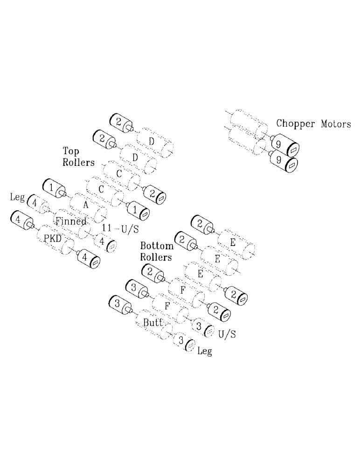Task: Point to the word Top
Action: [x=70, y=151]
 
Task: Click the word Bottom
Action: [x=157, y=246]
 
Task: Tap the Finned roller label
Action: [x=70, y=221]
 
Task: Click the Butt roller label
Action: [x=152, y=322]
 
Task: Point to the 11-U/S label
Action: [x=120, y=227]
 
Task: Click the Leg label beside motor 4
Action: [x=17, y=198]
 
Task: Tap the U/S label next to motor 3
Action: [x=226, y=333]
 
